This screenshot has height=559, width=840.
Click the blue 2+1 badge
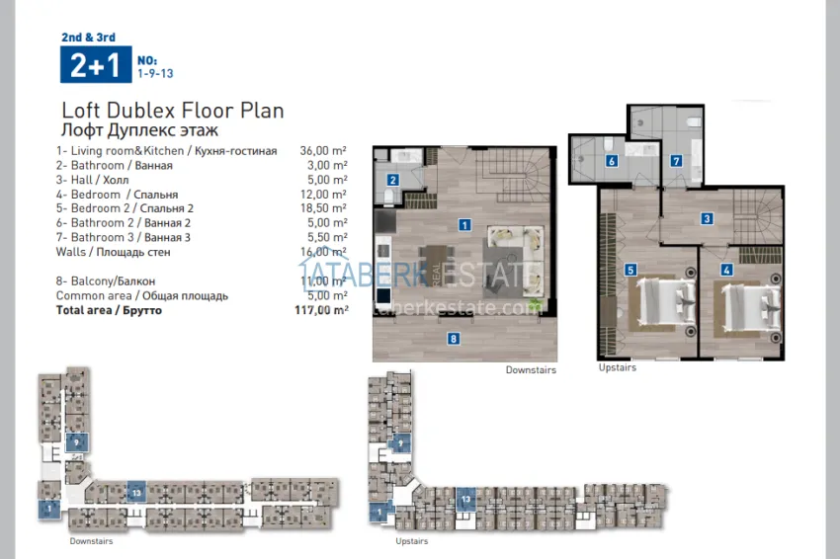[94, 64]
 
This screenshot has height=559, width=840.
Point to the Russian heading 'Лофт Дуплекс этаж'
[139, 130]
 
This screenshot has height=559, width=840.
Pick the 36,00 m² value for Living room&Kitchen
[323, 151]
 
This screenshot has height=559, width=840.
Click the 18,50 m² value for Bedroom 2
[323, 208]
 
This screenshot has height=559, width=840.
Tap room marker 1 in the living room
[463, 225]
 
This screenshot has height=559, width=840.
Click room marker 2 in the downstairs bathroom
[392, 180]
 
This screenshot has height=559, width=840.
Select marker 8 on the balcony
[454, 339]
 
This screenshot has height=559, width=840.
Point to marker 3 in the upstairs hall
[707, 218]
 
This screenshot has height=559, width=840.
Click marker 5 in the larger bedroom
[630, 269]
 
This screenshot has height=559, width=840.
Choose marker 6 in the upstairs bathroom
[612, 161]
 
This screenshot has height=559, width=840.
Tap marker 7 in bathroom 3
[676, 161]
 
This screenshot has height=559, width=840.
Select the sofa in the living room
[515, 240]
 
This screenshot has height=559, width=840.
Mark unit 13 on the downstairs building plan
[136, 492]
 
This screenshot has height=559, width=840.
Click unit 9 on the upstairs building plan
[401, 444]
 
